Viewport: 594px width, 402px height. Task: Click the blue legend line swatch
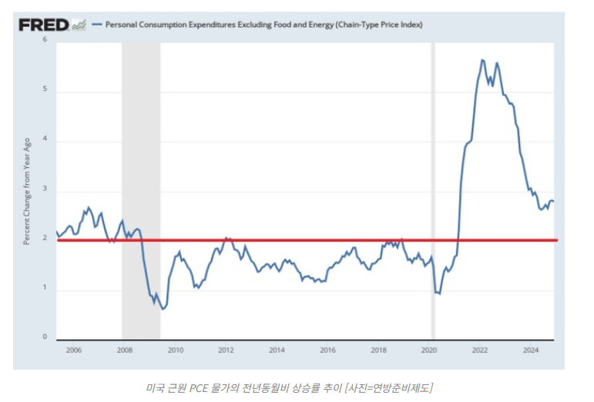(96, 25)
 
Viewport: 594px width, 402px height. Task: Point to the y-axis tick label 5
(44, 90)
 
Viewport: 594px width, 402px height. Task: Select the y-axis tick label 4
(44, 140)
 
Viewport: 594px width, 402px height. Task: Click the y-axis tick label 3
(44, 190)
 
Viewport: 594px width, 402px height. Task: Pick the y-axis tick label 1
(44, 289)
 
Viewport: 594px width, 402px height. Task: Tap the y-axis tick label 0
(44, 337)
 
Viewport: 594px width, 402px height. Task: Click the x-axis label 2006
(74, 350)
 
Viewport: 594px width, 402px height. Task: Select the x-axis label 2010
(175, 350)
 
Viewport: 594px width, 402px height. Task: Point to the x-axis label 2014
(277, 350)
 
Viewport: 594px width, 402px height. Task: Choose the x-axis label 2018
(378, 350)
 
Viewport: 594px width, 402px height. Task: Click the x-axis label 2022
(479, 350)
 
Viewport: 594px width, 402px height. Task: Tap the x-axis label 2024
(530, 350)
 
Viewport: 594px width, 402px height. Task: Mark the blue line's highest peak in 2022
(482, 60)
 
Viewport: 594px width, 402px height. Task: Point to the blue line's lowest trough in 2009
(163, 309)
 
